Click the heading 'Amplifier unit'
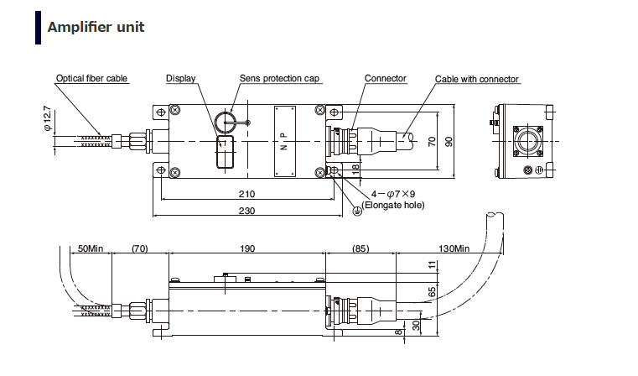pyautogui.click(x=96, y=28)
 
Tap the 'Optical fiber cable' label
pyautogui.click(x=92, y=79)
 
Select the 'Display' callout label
pyautogui.click(x=180, y=79)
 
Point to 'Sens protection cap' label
pyautogui.click(x=280, y=79)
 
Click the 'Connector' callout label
pyautogui.click(x=386, y=79)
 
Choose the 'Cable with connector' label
pyautogui.click(x=477, y=80)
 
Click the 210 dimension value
pyautogui.click(x=246, y=193)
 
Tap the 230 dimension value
pyautogui.click(x=246, y=211)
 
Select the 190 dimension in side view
pyautogui.click(x=246, y=248)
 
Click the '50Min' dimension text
pyautogui.click(x=90, y=248)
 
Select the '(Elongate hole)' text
pyautogui.click(x=393, y=206)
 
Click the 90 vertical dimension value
pyautogui.click(x=449, y=141)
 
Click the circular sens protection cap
pyautogui.click(x=226, y=123)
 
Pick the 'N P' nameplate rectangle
pyautogui.click(x=284, y=142)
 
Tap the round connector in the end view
pyautogui.click(x=526, y=140)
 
